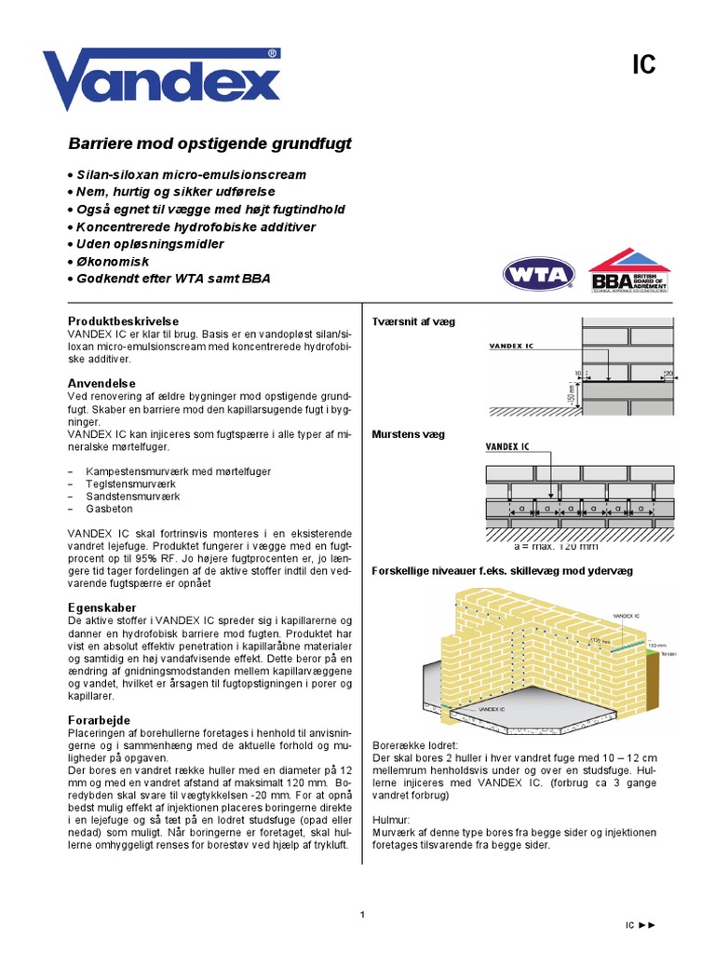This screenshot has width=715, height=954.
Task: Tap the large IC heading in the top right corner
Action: click(644, 65)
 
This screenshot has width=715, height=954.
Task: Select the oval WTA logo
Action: click(537, 275)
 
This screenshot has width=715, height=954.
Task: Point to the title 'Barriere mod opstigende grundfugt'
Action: click(210, 144)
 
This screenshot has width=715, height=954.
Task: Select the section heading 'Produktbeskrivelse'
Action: click(116, 320)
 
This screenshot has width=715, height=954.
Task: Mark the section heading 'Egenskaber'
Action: click(104, 607)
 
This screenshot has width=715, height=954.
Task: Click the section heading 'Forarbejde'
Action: click(100, 720)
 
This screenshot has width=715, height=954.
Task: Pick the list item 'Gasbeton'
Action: click(109, 509)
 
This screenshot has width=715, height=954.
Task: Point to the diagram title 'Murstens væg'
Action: click(408, 434)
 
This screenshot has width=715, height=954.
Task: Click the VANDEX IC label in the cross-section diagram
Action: click(511, 345)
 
